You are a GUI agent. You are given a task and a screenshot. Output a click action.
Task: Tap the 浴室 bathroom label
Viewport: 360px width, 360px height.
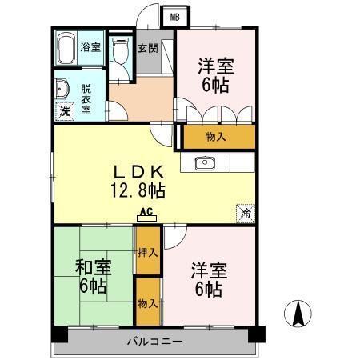point(90,47)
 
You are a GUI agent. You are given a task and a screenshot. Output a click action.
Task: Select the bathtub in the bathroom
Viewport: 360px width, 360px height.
point(66,49)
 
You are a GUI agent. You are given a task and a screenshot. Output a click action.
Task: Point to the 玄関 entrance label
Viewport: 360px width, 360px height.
point(147,48)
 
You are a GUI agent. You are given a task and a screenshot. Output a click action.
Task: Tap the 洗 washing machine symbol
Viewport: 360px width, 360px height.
point(63,112)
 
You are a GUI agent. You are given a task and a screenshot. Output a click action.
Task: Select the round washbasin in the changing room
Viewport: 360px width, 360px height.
point(63,88)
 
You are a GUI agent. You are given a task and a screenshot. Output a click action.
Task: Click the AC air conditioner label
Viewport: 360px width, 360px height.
point(146,213)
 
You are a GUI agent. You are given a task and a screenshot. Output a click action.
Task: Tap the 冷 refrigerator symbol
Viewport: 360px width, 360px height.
point(246,214)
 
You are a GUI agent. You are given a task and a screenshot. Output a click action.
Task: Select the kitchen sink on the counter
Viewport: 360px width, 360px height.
point(205,163)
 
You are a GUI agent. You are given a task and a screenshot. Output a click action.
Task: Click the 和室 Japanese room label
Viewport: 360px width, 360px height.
point(93,268)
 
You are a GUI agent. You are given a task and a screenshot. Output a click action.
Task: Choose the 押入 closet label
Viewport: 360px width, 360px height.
point(146,253)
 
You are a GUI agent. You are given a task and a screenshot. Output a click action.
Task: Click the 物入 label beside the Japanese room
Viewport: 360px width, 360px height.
point(146,303)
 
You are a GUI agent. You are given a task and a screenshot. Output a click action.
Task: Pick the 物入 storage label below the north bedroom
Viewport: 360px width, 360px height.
point(216,137)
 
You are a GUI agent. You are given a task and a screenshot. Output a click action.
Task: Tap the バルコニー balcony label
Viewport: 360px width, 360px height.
point(155,342)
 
